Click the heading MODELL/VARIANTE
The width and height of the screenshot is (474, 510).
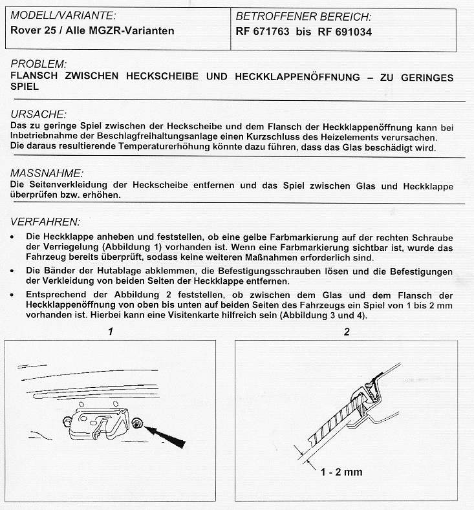point(64,14)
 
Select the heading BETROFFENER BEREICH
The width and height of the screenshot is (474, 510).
point(303,17)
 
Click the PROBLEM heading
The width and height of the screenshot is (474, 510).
point(39,64)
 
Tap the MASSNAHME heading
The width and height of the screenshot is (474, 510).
point(47,173)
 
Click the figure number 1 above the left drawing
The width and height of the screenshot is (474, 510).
point(111,332)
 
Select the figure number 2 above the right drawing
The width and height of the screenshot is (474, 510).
point(347,332)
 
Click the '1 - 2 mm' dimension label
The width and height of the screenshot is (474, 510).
point(341,471)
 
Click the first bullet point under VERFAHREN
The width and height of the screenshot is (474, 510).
point(14,238)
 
